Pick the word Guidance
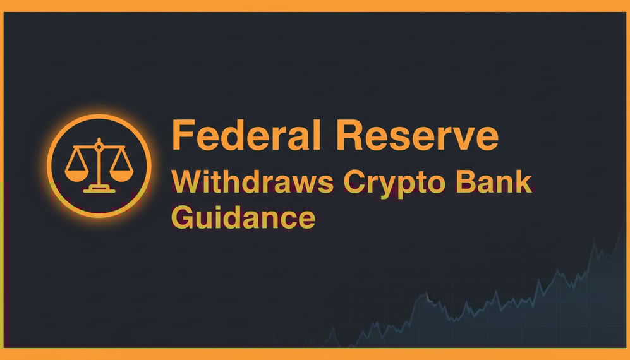[x=243, y=217]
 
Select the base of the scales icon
[x=98, y=188]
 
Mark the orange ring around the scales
[x=99, y=117]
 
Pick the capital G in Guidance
[x=183, y=217]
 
